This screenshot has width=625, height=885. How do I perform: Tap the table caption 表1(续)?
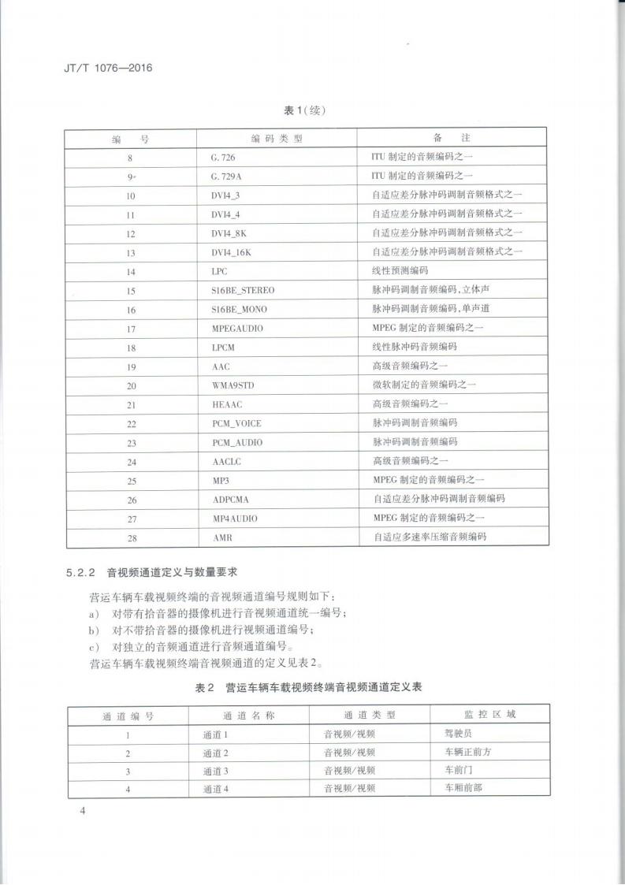coord(304,110)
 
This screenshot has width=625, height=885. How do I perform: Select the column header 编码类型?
coord(277,139)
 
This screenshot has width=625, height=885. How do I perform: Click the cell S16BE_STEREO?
coord(243,290)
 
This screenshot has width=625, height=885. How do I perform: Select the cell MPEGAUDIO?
coord(236,328)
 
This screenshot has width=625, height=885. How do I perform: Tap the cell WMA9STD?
coord(233,385)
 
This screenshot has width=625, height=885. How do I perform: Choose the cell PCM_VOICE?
coord(236,423)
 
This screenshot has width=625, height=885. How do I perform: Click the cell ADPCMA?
coord(229,500)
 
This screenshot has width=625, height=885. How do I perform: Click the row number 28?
coord(131,537)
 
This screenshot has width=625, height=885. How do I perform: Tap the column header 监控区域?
coord(489,715)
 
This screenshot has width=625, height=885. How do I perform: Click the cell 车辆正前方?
coord(467,753)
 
